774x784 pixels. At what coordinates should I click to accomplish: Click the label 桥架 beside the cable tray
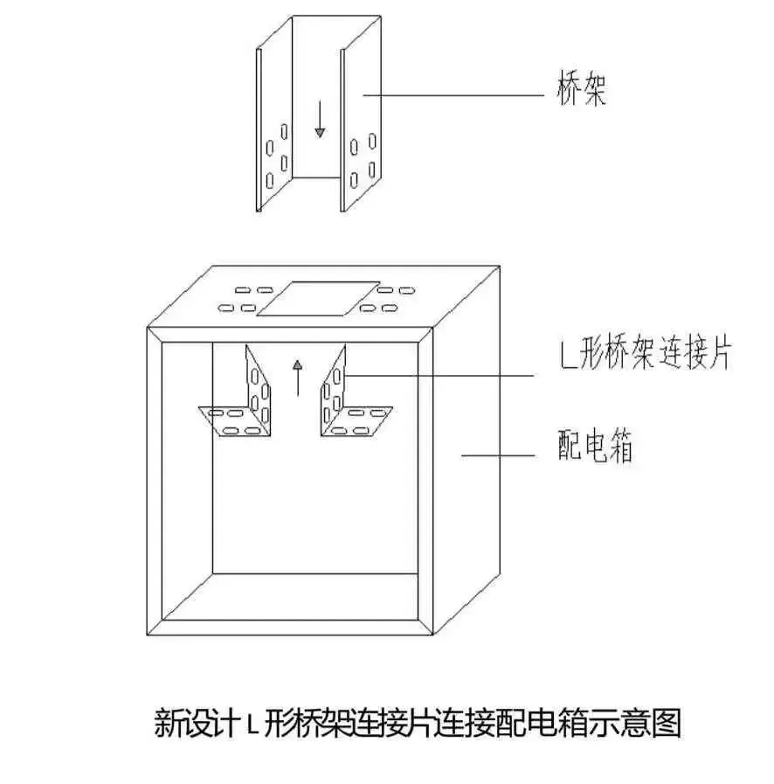pyautogui.click(x=581, y=92)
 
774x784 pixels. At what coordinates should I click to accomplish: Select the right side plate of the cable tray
pyautogui.click(x=361, y=131)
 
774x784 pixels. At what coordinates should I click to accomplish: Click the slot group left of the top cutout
pyautogui.click(x=241, y=299)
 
